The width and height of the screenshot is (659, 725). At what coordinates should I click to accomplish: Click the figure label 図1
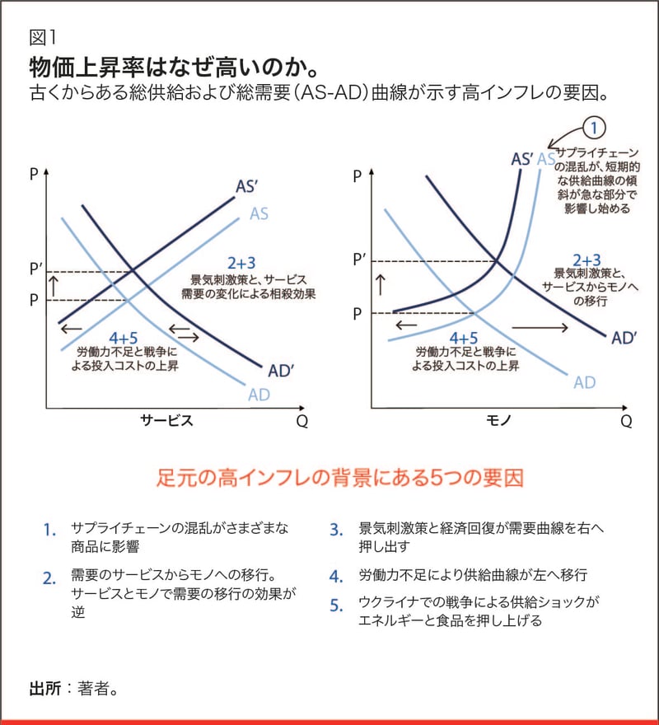click(x=40, y=36)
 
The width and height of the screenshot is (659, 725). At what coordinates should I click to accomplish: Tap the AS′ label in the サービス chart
click(x=249, y=186)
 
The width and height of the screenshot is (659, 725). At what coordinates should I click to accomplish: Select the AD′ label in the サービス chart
click(x=281, y=370)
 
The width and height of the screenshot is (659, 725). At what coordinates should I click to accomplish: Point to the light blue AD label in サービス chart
click(x=259, y=395)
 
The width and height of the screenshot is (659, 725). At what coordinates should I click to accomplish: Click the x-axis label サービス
click(x=166, y=421)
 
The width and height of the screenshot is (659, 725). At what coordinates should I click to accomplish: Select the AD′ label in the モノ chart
click(x=624, y=337)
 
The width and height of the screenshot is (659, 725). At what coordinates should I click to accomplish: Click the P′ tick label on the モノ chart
click(x=359, y=259)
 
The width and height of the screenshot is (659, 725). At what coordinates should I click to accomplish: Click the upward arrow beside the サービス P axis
click(x=55, y=284)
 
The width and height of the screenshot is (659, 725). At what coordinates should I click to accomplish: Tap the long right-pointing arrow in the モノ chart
click(x=540, y=328)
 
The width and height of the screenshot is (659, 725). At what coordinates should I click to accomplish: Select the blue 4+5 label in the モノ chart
click(x=463, y=339)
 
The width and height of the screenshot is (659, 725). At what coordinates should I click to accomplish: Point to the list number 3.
click(x=335, y=530)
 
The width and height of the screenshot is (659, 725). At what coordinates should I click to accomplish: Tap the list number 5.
click(x=335, y=606)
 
